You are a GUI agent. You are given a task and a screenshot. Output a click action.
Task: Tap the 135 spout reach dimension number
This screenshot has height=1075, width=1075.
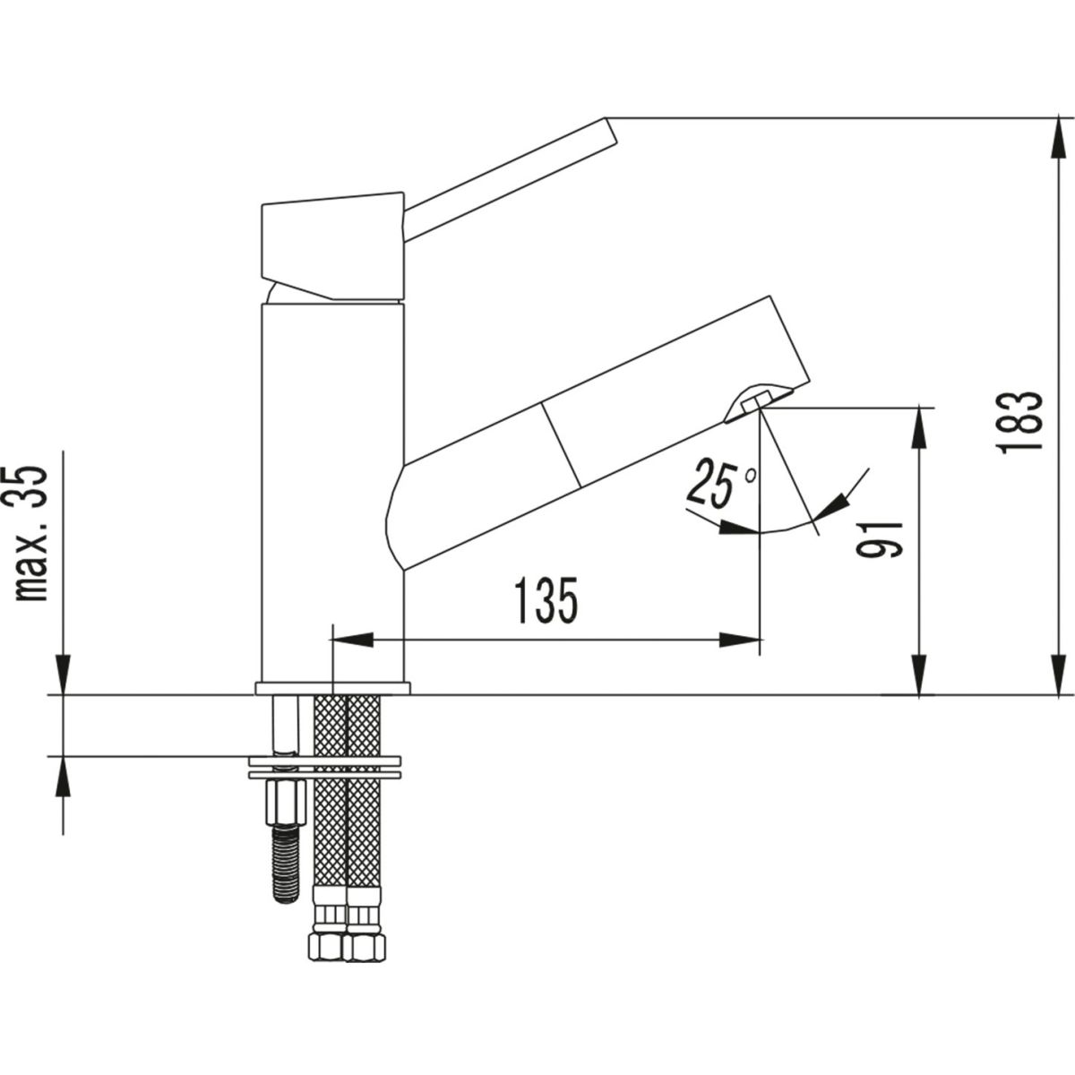pyautogui.click(x=546, y=600)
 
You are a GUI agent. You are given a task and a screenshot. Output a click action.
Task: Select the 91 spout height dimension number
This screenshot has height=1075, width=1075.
pyautogui.click(x=879, y=539)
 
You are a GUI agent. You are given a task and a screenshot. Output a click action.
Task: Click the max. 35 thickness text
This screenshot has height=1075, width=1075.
pyautogui.click(x=31, y=533)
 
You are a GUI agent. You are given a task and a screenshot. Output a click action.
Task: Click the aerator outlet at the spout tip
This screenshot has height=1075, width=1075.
pyautogui.click(x=754, y=401)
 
